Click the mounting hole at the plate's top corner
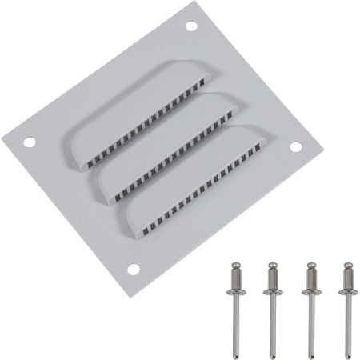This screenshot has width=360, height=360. click(x=191, y=26)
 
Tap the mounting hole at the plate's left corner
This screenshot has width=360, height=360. click(x=29, y=143)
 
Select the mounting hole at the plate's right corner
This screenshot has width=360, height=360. click(x=295, y=147)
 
